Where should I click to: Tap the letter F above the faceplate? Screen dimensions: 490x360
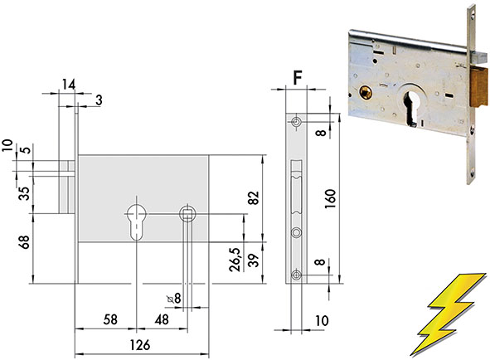pos(297,78)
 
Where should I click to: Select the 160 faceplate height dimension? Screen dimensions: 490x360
pos(330,199)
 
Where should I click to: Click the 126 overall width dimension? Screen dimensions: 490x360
pos(139,345)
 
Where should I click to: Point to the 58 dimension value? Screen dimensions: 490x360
pos(110,319)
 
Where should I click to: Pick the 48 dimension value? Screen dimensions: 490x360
pos(162,319)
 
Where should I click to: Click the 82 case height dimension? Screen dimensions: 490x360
pos(254,197)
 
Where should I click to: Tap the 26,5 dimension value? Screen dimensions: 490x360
pos(235,260)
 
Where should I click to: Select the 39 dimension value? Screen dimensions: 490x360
pos(254,260)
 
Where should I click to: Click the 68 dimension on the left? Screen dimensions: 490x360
pos(24,242)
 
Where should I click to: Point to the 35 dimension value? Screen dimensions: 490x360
pos(24,193)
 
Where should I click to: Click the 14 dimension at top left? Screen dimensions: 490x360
pos(69,85)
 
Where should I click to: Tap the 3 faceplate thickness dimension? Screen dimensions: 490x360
pos(99,100)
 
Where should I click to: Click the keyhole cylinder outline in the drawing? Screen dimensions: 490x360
pos(137,222)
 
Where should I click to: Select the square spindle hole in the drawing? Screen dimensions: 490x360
pos(187,214)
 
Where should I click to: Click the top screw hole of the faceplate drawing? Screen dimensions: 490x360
pos(296,122)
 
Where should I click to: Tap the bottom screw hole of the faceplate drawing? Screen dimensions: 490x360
pos(296,275)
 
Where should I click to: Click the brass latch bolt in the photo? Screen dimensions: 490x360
pos(478,88)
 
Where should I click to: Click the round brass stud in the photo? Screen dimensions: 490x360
pos(366,93)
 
